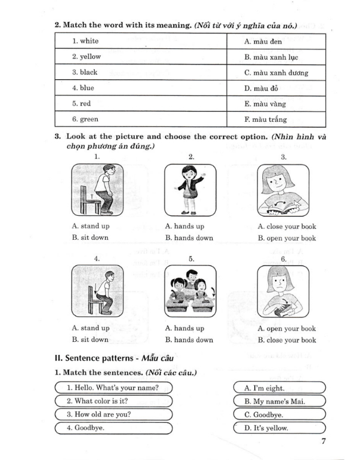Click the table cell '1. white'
pyautogui.click(x=141, y=41)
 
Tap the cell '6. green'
pyautogui.click(x=141, y=119)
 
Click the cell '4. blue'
pyautogui.click(x=141, y=88)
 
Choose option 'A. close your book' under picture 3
pyautogui.click(x=287, y=227)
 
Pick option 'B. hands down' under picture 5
pyautogui.click(x=189, y=340)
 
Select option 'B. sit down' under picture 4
pyautogui.click(x=90, y=340)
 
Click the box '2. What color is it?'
pyautogui.click(x=113, y=401)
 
